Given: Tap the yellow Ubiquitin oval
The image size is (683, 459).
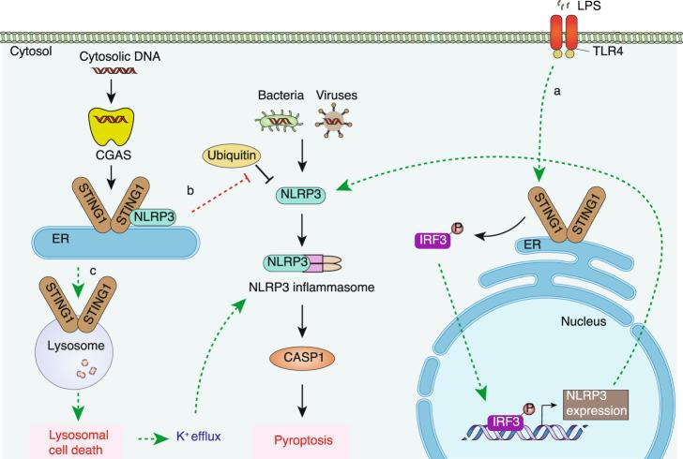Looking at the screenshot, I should [228, 153].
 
